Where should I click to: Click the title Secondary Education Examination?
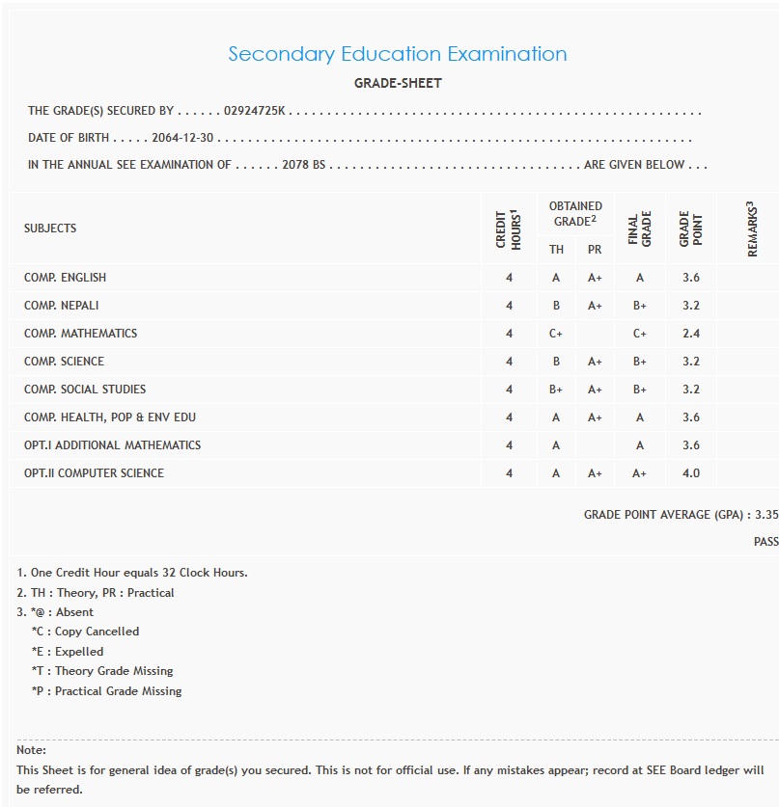(398, 54)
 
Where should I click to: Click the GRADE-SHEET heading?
(398, 84)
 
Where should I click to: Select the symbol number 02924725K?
(254, 112)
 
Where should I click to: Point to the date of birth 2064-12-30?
(182, 138)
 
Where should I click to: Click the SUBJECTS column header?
(50, 229)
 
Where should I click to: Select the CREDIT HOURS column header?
(509, 229)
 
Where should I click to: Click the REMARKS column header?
(752, 229)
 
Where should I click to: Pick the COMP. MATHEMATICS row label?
(81, 334)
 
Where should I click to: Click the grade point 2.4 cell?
(690, 334)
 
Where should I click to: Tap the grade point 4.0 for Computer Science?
(690, 473)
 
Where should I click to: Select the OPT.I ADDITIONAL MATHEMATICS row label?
(113, 445)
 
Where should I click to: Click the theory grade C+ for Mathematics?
(557, 334)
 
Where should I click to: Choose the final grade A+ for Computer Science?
(639, 473)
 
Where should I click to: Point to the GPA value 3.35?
(766, 515)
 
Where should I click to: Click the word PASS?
(765, 542)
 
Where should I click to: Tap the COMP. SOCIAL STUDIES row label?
(85, 390)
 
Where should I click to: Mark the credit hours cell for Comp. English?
(509, 278)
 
